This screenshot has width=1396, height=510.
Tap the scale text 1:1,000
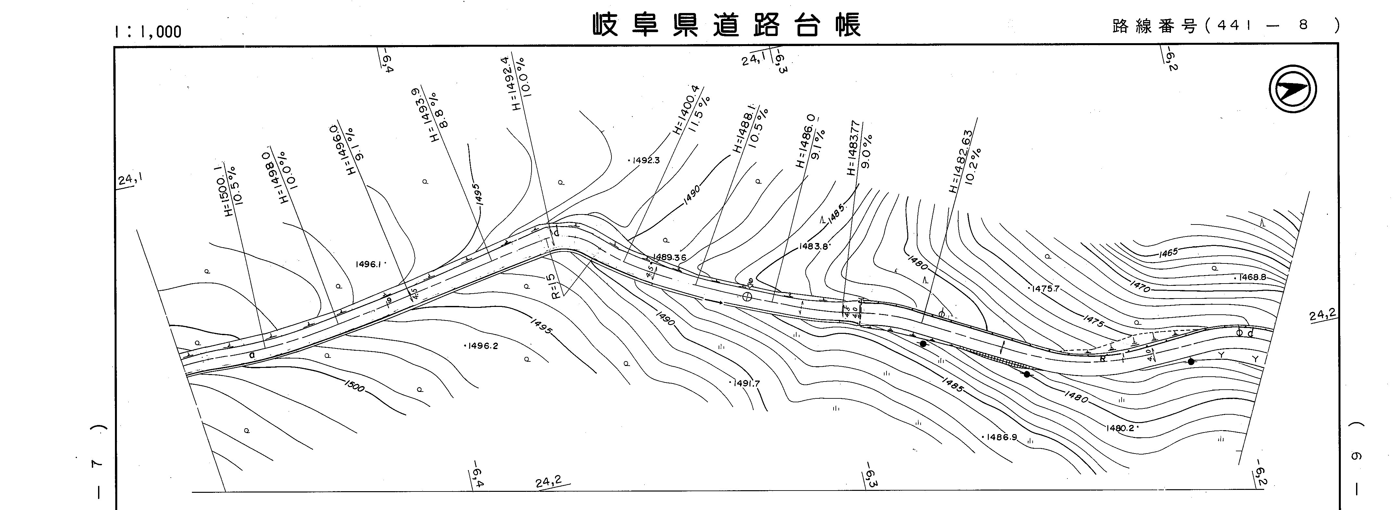147,32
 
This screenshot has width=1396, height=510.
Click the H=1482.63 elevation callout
960,161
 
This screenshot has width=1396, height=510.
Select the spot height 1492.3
645,160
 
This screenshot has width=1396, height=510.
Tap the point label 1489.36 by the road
670,257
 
